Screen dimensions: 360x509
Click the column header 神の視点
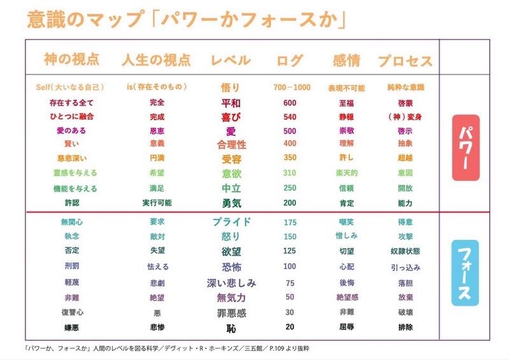[72, 60]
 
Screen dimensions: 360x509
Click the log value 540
[289, 117]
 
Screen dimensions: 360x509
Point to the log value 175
[289, 222]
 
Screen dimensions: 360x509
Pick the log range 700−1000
[291, 87]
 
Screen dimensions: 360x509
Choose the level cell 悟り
[230, 88]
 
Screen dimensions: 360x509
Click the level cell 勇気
[230, 203]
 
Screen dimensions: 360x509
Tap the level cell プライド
[230, 222]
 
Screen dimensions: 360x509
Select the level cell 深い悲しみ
[230, 283]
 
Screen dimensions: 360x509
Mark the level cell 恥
[230, 328]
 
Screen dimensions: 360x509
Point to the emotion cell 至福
[346, 103]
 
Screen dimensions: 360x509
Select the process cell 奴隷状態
[405, 251]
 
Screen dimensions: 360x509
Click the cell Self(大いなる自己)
[70, 87]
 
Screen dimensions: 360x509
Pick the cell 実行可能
[157, 203]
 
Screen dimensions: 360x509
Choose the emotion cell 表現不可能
[346, 88]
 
